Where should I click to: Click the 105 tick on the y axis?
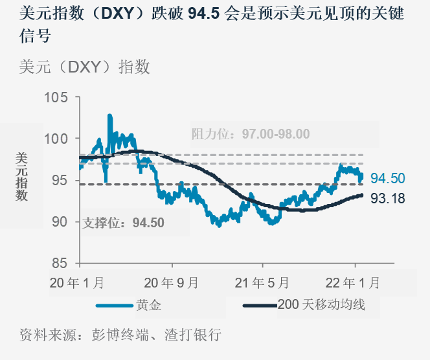[56, 98]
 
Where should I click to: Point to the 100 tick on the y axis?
[56, 139]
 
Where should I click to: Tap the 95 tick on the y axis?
[60, 181]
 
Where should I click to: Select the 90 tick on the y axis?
[60, 222]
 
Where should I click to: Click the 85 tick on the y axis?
[60, 264]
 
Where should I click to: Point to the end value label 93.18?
[388, 199]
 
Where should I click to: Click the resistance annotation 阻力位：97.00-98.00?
[251, 134]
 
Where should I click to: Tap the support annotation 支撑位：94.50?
[124, 223]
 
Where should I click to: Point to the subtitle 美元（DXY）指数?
[85, 67]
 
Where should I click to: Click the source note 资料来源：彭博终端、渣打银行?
[120, 335]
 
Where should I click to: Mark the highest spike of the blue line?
[109, 115]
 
